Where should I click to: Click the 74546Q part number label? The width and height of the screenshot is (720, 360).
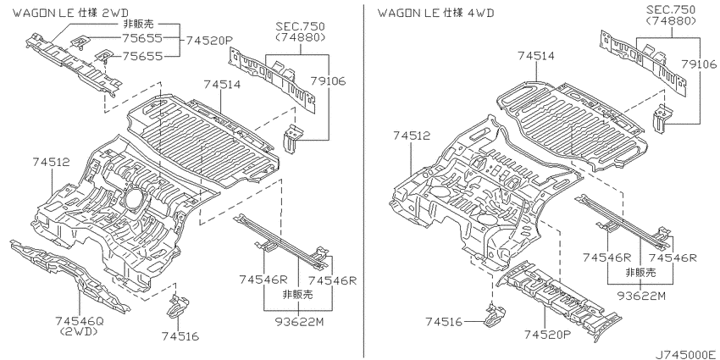pyautogui.click(x=80, y=321)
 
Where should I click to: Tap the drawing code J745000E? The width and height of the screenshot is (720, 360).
pyautogui.click(x=686, y=355)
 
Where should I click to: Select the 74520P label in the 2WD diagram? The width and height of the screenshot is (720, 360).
pyautogui.click(x=209, y=41)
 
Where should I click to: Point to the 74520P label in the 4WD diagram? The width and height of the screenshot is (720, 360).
pyautogui.click(x=547, y=335)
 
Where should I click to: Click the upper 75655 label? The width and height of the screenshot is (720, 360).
pyautogui.click(x=142, y=38)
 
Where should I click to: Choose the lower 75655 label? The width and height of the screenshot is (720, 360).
pyautogui.click(x=142, y=56)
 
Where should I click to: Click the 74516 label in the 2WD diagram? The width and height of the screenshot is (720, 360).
pyautogui.click(x=180, y=336)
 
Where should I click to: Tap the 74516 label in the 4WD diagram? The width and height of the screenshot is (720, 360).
pyautogui.click(x=445, y=322)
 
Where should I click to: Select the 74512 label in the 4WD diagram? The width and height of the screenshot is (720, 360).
pyautogui.click(x=412, y=136)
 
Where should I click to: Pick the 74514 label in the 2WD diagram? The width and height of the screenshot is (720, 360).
pyautogui.click(x=223, y=85)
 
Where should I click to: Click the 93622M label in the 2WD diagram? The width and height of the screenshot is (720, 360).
pyautogui.click(x=299, y=322)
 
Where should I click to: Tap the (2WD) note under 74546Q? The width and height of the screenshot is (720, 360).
pyautogui.click(x=80, y=331)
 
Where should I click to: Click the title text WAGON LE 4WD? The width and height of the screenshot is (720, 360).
pyautogui.click(x=435, y=13)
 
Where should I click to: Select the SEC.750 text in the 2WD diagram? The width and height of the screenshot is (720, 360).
pyautogui.click(x=301, y=26)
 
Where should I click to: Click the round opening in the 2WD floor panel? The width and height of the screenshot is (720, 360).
pyautogui.click(x=134, y=199)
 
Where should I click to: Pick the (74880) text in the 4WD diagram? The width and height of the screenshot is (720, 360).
pyautogui.click(x=671, y=20)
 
